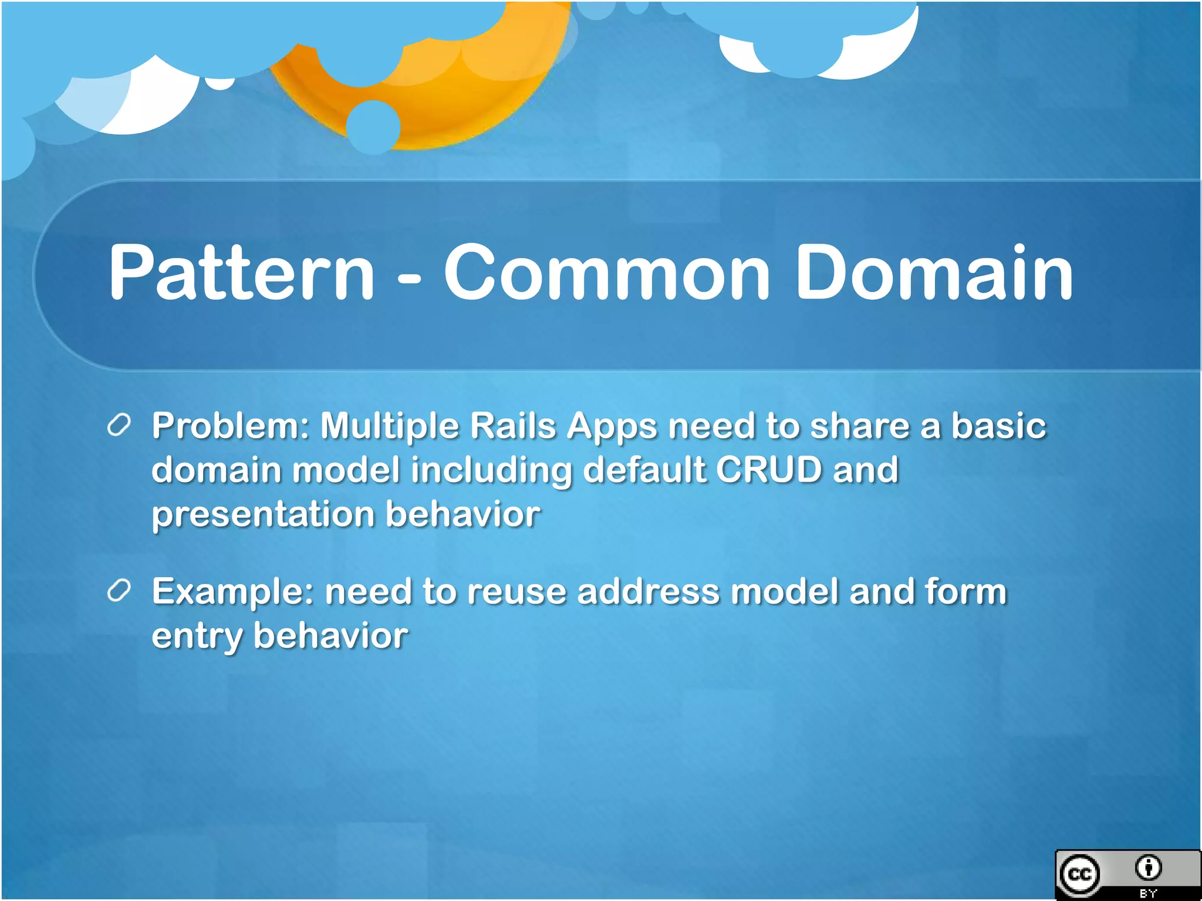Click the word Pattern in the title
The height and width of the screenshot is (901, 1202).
(x=241, y=273)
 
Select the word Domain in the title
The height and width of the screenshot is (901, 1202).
(x=933, y=273)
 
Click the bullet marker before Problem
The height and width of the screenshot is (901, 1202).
(x=119, y=425)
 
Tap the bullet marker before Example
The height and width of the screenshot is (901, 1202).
(x=119, y=591)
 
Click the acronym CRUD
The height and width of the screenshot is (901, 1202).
(x=768, y=470)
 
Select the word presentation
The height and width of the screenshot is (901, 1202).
(x=263, y=515)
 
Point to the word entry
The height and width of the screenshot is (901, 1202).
(x=197, y=637)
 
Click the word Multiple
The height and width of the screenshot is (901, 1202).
(x=390, y=426)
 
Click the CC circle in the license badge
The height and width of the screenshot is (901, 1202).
(x=1080, y=875)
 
